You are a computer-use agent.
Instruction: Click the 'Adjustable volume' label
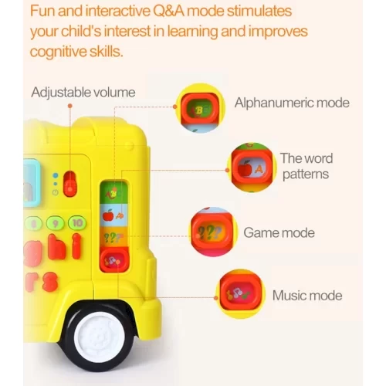(x=83, y=93)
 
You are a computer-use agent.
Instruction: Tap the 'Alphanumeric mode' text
(x=292, y=103)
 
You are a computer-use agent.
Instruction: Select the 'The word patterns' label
(x=306, y=166)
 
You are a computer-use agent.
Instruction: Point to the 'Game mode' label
(x=279, y=232)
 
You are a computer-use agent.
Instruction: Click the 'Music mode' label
(x=307, y=296)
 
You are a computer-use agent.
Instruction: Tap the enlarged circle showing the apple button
(x=252, y=168)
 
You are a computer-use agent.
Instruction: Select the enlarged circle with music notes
(x=240, y=294)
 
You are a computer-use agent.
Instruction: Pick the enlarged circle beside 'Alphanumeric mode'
(x=200, y=108)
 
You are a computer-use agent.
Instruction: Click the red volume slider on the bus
(x=70, y=184)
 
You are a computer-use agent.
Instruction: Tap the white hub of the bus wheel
(x=100, y=337)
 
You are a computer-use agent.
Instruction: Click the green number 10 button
(x=77, y=223)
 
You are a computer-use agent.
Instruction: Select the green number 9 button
(x=56, y=223)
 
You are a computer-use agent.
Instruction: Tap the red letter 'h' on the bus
(x=56, y=246)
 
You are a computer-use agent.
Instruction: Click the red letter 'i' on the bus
(x=76, y=246)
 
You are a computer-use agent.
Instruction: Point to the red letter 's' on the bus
(x=50, y=282)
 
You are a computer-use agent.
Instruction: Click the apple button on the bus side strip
(x=113, y=215)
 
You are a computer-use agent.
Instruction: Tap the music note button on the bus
(x=114, y=260)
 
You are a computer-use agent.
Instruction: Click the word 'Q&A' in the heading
(x=169, y=11)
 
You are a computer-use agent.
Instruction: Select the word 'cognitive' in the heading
(x=58, y=52)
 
